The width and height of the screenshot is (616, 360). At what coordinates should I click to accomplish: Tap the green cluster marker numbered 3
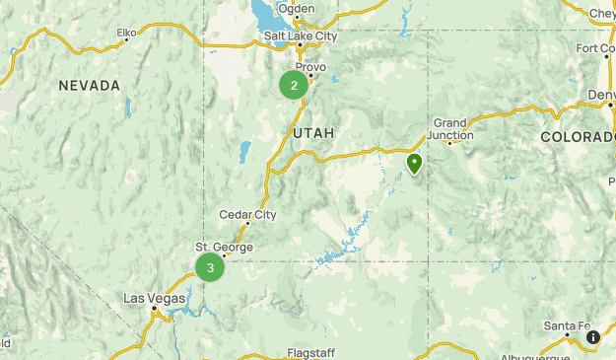210,267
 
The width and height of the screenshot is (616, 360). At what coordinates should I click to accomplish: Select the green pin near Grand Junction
415,163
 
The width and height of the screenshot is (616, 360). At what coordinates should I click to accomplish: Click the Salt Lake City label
301,36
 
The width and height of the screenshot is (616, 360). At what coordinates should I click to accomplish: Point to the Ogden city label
296,9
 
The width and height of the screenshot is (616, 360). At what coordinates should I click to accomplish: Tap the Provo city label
310,66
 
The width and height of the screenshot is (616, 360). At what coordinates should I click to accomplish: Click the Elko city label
126,33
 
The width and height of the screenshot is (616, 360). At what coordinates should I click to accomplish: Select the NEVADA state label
89,86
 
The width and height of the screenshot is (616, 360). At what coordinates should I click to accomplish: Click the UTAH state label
313,132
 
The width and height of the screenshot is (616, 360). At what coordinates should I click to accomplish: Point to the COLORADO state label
578,137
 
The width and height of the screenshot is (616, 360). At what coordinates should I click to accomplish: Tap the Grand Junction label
449,129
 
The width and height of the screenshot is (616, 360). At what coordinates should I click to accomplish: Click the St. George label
224,247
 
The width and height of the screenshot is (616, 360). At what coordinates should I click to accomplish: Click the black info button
593,337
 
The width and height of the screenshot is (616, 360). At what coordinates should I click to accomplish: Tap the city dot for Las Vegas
155,309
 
